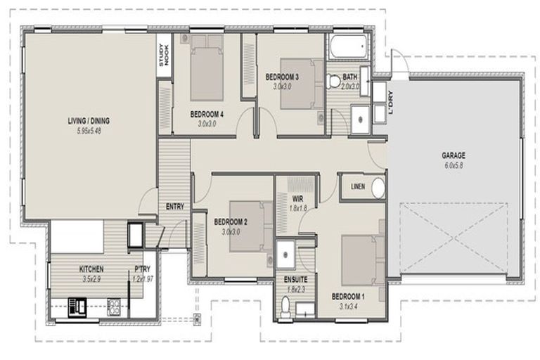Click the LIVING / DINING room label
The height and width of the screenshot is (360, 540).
(88, 120)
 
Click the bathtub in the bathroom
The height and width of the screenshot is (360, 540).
(348, 49)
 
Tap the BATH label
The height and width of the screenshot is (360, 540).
(350, 77)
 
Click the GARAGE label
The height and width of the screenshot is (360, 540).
(454, 155)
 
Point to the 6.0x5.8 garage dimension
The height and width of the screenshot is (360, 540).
(454, 165)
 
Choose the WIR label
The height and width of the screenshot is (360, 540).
(299, 199)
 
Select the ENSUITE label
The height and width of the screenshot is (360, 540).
(295, 279)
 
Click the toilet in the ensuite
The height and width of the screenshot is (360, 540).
(285, 304)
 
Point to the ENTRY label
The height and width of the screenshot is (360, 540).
(174, 207)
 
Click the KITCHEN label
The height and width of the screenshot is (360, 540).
(91, 269)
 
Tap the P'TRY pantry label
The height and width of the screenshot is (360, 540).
(143, 269)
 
